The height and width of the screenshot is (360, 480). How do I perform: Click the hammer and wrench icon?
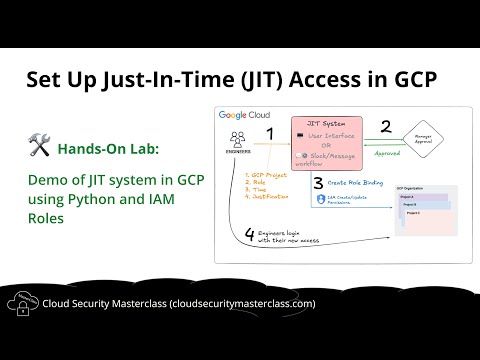(x=40, y=147)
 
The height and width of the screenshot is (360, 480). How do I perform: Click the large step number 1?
(x=268, y=133)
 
